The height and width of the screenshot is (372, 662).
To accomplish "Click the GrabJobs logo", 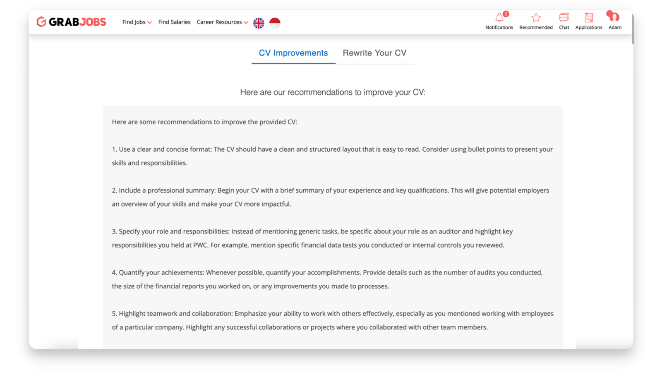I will coord(71,22).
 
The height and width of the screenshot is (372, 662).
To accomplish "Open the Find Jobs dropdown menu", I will coord(137,22).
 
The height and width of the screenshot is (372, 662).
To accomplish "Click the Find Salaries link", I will coord(174,22).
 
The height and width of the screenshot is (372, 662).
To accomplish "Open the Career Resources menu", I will coord(222,22).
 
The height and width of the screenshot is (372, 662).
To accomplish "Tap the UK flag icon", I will coord(259,23).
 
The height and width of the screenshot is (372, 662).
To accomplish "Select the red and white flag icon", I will coord(275,23).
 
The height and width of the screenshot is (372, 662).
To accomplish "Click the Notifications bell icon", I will coord(499,18).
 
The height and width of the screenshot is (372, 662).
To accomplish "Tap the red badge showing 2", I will coord(506,14).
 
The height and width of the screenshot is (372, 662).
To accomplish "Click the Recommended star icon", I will coord(536,18).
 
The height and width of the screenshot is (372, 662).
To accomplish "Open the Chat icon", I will coord(564,18).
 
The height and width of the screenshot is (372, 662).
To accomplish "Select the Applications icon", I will coord(588,18).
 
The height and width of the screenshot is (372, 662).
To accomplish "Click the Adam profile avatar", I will coord(613,17).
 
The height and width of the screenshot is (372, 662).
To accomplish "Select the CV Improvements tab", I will coord(293,53).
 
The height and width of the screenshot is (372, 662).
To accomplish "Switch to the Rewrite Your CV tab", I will coord(374,53).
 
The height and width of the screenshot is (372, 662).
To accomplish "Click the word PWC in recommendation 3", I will coord(200,245).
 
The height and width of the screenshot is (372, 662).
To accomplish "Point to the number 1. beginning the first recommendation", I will coord(114,149).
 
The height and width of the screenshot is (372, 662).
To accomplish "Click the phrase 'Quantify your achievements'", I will coord(161,272).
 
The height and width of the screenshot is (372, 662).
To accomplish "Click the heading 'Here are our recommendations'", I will coord(332,92).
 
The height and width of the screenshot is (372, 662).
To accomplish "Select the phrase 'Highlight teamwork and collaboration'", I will coord(175,314).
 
